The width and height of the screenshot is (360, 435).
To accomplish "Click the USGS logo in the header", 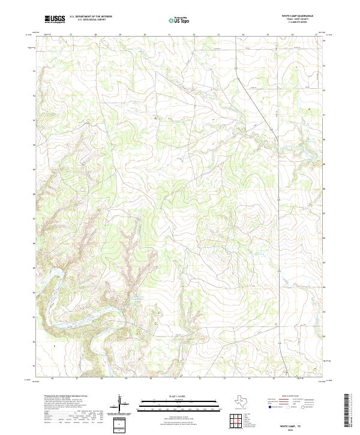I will pyautogui.click(x=55, y=19).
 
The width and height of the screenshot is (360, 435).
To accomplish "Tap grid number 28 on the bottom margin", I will pyautogui.click(x=101, y=379).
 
